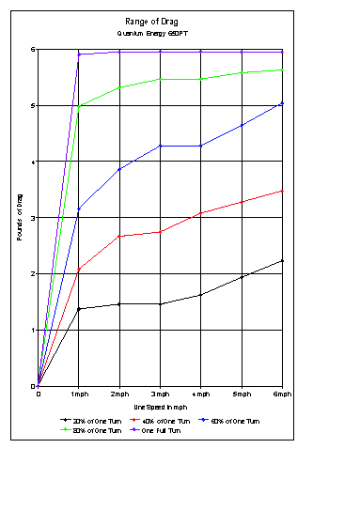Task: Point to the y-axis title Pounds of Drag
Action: click(19, 218)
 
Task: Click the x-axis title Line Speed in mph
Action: click(161, 406)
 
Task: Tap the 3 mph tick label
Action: click(161, 394)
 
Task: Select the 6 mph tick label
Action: click(283, 394)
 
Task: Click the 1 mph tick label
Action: click(79, 394)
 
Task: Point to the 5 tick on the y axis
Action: click(33, 105)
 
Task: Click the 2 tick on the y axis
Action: click(33, 273)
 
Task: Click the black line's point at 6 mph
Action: click(283, 260)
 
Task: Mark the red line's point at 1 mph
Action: click(79, 269)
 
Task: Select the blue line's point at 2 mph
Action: click(119, 169)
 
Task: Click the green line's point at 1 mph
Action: click(79, 106)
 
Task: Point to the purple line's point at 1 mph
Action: click(79, 54)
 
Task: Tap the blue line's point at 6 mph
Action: click(283, 103)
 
